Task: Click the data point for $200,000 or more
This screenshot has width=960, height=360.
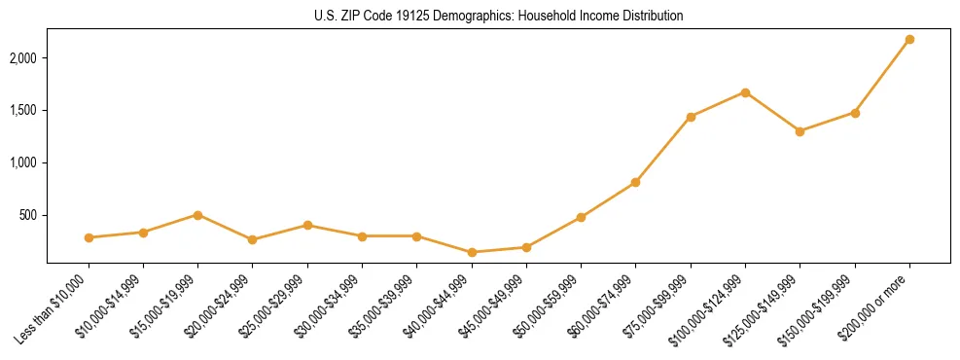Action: coord(909,39)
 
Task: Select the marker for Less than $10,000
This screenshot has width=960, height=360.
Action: coord(89,237)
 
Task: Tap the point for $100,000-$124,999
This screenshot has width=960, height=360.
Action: coord(745,92)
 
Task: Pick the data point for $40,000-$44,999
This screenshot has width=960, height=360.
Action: coord(472,252)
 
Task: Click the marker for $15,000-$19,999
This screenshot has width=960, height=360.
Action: coord(197,215)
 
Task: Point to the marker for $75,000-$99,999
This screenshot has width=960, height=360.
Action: coord(691,117)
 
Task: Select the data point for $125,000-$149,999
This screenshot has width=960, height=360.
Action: coord(800,131)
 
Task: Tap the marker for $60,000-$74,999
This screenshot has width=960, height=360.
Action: coord(635,182)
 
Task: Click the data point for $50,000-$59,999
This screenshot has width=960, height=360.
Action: coord(581,217)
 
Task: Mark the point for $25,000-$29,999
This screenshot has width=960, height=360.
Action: coord(307,225)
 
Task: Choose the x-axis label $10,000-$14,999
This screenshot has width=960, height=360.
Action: coord(110,306)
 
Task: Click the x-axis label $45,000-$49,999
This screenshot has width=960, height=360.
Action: coord(493,306)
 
